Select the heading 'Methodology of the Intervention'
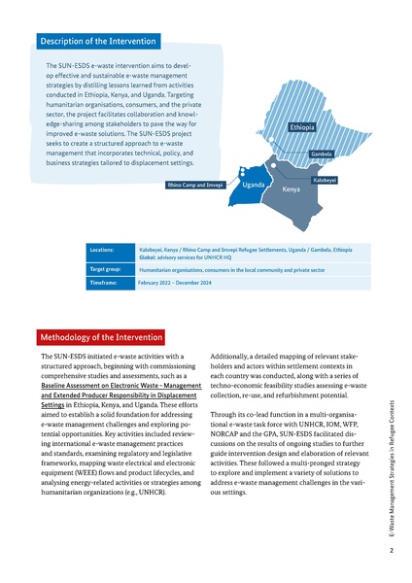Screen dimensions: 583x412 [x=100, y=337]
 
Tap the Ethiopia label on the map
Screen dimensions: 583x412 [x=302, y=127]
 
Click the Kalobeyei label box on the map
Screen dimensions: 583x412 [x=325, y=180]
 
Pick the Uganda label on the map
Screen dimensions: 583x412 [x=255, y=184]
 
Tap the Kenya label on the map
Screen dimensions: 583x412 [x=291, y=189]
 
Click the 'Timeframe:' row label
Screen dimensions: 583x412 [x=103, y=283]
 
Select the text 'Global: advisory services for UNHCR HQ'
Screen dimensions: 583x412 [x=190, y=257]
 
